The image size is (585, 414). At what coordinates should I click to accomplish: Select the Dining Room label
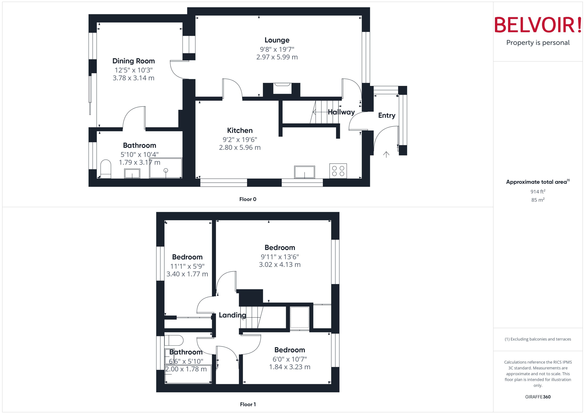[x=134, y=61]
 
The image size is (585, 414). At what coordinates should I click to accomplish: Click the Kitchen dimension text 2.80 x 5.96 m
[x=240, y=147]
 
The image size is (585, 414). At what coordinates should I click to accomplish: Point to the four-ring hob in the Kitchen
[x=338, y=171]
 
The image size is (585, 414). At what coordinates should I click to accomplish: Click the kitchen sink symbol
[x=304, y=172]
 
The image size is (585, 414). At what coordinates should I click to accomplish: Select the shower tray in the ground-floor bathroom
[x=166, y=168]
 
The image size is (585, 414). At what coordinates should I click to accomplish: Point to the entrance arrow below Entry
[x=386, y=154]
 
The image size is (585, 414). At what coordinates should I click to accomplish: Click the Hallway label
[x=341, y=112]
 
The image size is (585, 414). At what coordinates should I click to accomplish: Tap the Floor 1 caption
[x=248, y=404]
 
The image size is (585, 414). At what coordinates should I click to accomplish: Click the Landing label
[x=232, y=315]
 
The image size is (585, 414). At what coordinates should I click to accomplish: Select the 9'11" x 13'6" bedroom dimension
[x=280, y=257]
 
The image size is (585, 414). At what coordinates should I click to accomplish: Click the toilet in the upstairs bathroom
[x=174, y=340]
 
